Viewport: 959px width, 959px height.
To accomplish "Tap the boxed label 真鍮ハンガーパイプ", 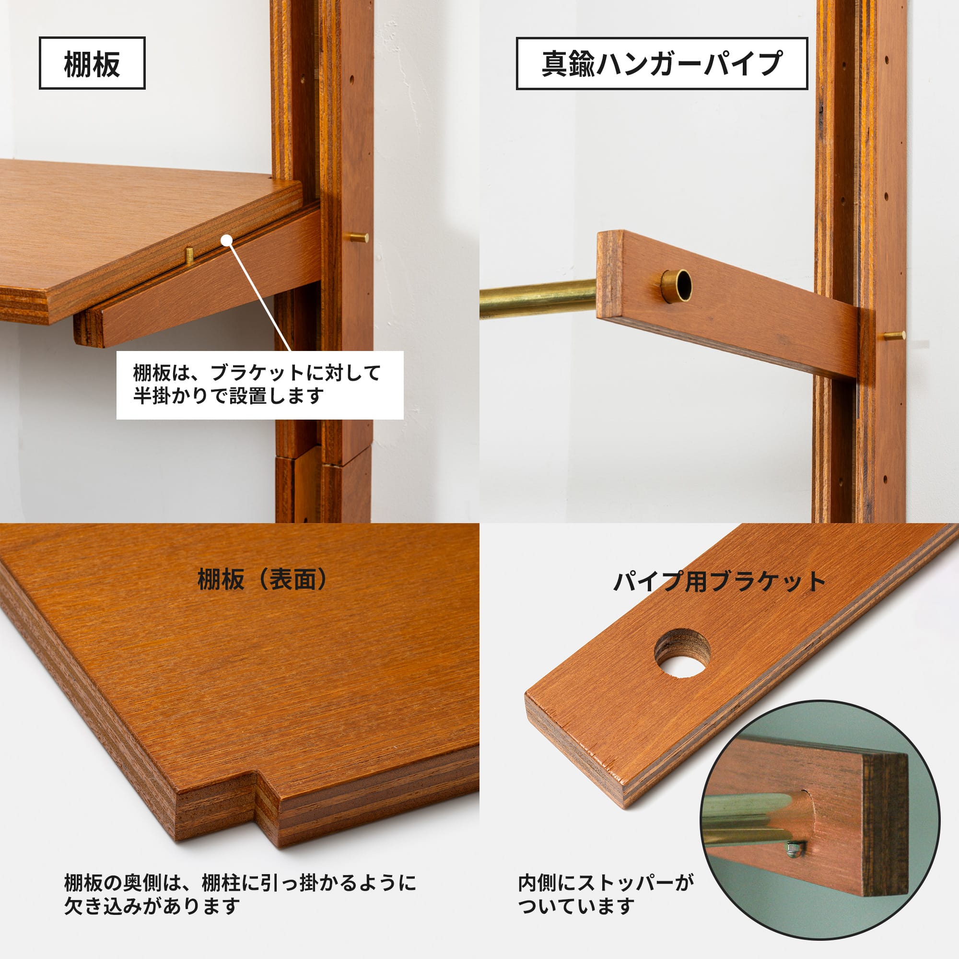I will [x=662, y=64].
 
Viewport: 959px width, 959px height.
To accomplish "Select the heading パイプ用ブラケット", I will [x=719, y=581].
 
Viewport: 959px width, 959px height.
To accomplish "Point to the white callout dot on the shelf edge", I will [x=227, y=240].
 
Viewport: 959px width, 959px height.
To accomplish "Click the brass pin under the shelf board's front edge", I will [x=189, y=255].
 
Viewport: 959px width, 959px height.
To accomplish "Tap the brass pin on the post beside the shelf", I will [x=357, y=238].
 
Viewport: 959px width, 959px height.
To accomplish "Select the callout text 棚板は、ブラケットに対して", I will [x=257, y=373].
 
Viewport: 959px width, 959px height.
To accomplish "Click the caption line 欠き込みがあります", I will [x=152, y=907].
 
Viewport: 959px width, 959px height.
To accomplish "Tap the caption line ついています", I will [x=576, y=907].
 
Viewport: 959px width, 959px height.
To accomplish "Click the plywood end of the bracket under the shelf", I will [x=88, y=327].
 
